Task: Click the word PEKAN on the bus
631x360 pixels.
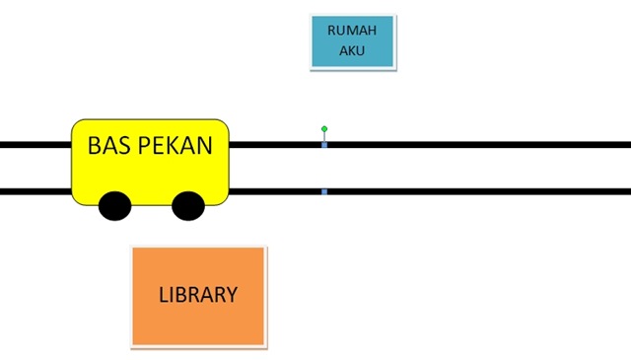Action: (175, 145)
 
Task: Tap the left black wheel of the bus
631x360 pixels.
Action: (115, 206)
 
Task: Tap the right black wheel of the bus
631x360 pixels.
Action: (188, 206)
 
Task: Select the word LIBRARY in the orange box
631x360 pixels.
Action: (198, 295)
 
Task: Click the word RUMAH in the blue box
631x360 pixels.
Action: (352, 31)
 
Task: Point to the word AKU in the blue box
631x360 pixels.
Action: (352, 50)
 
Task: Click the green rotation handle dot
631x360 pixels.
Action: (324, 129)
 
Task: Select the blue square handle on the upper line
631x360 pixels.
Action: (324, 145)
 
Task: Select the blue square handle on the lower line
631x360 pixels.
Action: (324, 191)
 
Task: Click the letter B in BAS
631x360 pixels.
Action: (95, 145)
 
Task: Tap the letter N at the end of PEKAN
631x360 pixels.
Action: (204, 145)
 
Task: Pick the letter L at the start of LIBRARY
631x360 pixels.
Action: (164, 295)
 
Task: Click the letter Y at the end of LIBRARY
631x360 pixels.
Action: (232, 295)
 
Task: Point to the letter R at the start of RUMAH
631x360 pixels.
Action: (331, 31)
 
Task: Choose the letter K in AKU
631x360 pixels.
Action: (352, 50)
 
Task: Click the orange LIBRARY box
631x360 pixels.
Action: (199, 297)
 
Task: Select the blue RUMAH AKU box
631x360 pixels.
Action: (353, 41)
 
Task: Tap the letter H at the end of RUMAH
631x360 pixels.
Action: (372, 31)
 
